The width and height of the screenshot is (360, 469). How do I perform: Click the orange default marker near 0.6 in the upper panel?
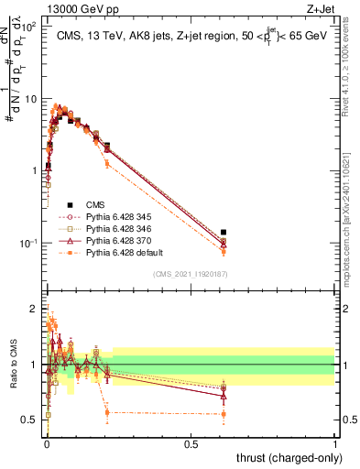click(x=224, y=251)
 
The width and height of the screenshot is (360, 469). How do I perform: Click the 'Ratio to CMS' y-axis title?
click(x=13, y=365)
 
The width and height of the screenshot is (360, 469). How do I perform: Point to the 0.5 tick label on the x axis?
click(x=191, y=443)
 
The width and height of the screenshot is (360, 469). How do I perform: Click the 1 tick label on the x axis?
click(x=335, y=443)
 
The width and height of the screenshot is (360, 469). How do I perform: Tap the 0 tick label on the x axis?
click(x=47, y=443)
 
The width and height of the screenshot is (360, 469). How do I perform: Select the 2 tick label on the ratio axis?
click(x=35, y=309)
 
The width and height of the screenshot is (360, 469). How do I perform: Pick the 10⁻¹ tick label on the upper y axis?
click(x=27, y=243)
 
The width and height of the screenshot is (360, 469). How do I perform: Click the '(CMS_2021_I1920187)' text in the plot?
click(x=191, y=274)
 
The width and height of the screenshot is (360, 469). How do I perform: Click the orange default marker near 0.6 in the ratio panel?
click(x=224, y=414)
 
